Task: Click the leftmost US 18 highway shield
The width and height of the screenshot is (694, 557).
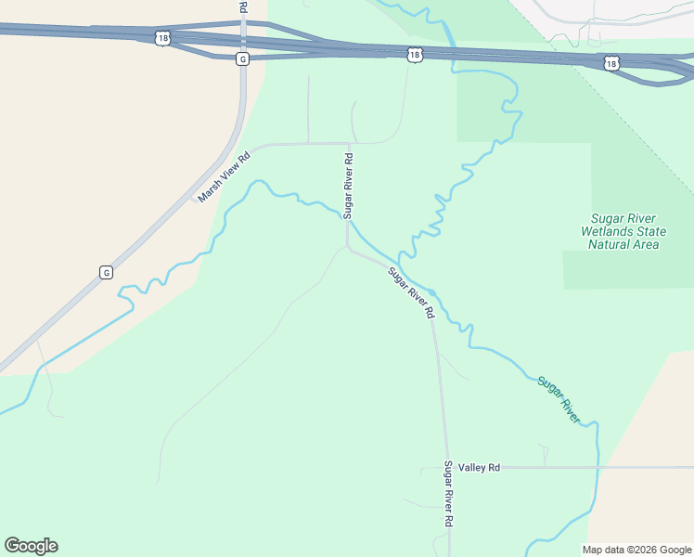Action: point(164,38)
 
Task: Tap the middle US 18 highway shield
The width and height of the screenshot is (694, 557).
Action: point(414,56)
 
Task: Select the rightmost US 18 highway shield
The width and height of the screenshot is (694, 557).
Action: point(610,63)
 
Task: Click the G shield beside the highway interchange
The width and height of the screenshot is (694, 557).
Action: point(242,58)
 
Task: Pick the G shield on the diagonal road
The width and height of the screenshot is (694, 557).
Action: point(106,272)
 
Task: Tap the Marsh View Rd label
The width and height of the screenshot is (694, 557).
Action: point(224,177)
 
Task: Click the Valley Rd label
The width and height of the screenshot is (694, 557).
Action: point(479,468)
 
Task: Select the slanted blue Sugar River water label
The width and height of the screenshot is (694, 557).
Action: point(559,400)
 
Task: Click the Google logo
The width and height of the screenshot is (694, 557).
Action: point(31,546)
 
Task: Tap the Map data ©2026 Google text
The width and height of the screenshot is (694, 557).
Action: point(637,550)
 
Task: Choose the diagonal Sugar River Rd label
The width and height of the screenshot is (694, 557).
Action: point(411,293)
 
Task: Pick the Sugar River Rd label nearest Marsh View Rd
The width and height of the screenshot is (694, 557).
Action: point(349,185)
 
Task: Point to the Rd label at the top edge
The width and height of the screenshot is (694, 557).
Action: point(243,6)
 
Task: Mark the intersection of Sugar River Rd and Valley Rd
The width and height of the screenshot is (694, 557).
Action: point(445,468)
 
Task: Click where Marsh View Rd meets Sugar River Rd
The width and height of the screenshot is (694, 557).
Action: point(348,144)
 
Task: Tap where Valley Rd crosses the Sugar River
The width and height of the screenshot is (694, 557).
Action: point(598,467)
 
